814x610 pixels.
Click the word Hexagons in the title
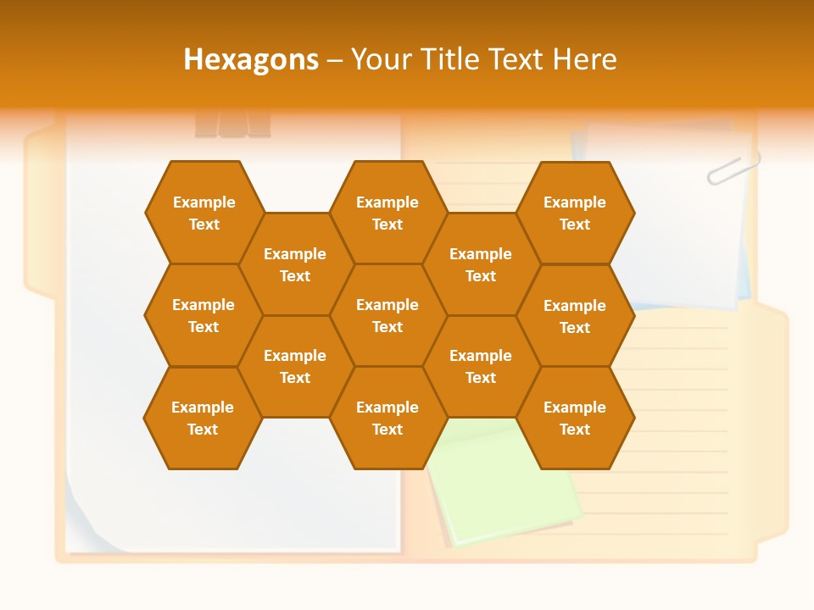(x=251, y=59)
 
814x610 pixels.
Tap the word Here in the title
(x=584, y=59)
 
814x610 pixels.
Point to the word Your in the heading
(x=381, y=59)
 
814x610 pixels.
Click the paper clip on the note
(x=733, y=168)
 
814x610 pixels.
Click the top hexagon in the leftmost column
(x=203, y=213)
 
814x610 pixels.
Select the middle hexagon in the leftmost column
(x=203, y=315)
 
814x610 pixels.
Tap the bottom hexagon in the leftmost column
(x=203, y=418)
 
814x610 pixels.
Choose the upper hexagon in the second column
(x=295, y=264)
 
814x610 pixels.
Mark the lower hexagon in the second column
(x=295, y=366)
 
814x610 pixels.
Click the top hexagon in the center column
(x=387, y=213)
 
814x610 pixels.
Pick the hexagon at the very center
(x=387, y=315)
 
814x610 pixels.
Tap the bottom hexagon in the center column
(x=387, y=418)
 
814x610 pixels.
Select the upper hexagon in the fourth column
(x=481, y=264)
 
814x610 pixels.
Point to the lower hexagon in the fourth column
(x=481, y=366)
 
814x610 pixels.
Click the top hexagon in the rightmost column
(x=575, y=213)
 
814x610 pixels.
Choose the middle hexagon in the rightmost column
(x=575, y=316)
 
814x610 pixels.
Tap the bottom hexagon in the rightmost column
(x=575, y=418)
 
